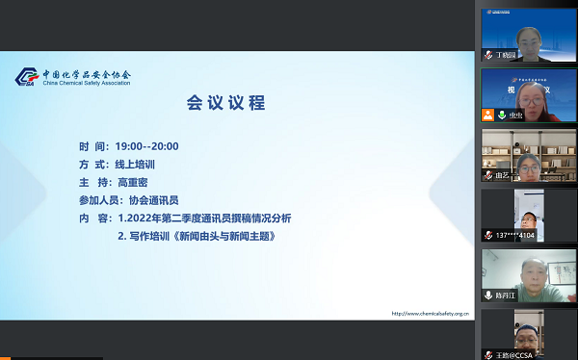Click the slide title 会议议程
(225, 102)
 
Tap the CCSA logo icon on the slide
(27, 78)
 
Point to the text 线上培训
(136, 165)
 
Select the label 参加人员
(101, 200)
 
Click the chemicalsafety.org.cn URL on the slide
(430, 313)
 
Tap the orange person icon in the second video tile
(489, 116)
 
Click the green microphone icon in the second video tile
(501, 116)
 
